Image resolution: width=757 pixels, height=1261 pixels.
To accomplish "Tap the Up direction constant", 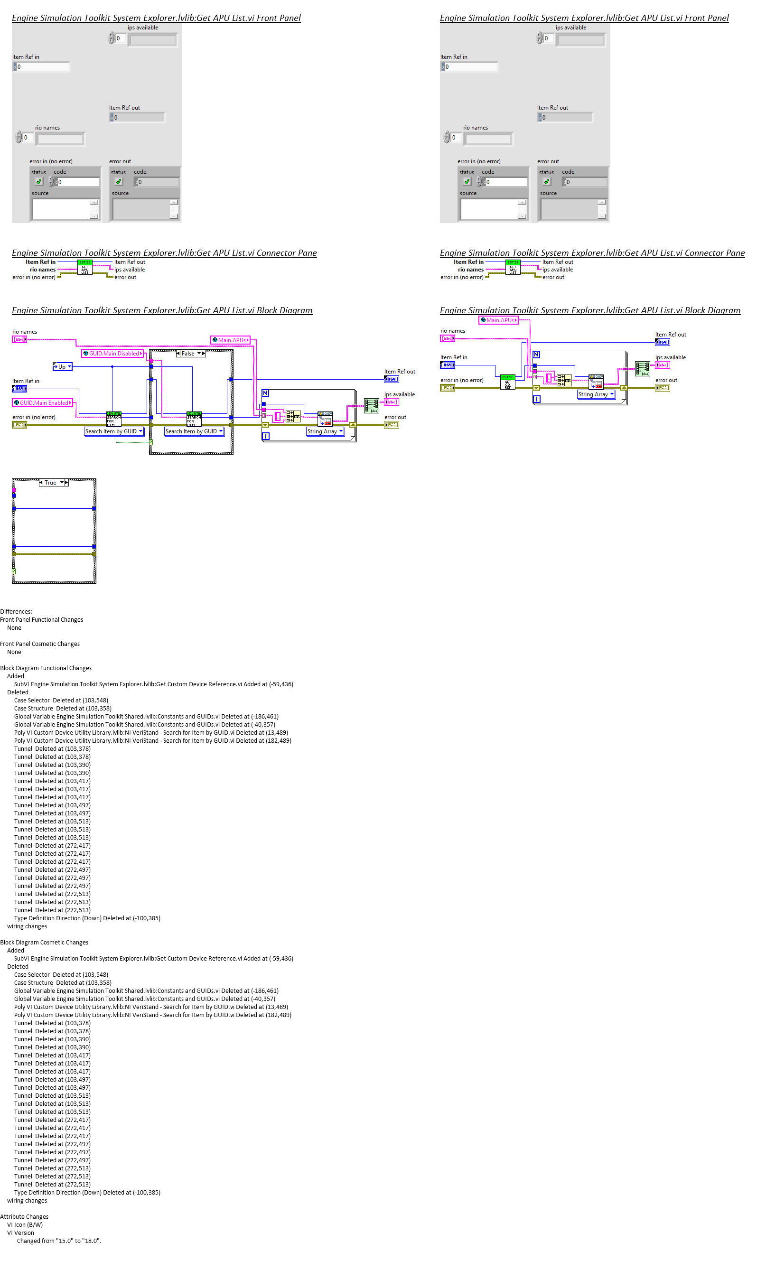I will coord(62,367).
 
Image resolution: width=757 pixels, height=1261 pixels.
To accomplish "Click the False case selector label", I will coord(188,354).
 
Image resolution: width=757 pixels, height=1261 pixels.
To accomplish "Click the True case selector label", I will coord(51,483).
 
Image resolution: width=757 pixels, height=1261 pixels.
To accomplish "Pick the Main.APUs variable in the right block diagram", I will coord(498,320).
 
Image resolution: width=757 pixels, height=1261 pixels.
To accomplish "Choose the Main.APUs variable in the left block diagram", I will coord(231,340).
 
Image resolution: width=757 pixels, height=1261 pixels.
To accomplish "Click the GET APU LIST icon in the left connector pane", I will coord(84,267).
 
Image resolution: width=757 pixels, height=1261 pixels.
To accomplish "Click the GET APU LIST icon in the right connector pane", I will coord(513,267).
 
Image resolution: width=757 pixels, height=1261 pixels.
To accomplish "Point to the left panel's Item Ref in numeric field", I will coord(42,67).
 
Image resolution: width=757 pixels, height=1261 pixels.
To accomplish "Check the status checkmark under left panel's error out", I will coord(119,182).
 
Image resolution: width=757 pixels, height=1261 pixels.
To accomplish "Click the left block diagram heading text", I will coord(162,311).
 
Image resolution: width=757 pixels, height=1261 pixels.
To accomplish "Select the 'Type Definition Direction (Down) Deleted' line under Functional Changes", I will coord(87,918).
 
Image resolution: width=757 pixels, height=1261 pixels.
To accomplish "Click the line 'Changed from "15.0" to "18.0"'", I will coord(59,1241).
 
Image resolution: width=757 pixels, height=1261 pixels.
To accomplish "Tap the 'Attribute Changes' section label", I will coord(24,1216).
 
